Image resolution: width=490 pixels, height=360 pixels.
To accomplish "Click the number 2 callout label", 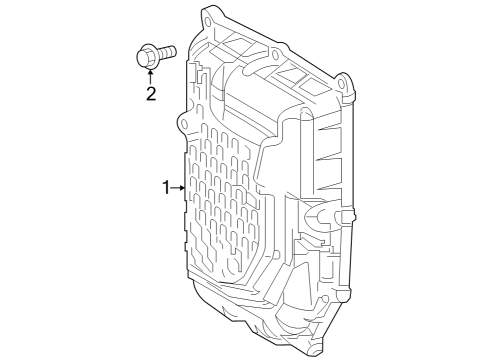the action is [x=151, y=95].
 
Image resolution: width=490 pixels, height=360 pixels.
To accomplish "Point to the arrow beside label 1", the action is [x=179, y=187].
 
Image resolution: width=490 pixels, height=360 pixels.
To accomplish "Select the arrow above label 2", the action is [x=151, y=77].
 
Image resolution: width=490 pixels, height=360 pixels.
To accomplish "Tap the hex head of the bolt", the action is [x=143, y=57].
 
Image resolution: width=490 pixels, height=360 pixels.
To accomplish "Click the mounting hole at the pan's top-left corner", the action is [x=210, y=16].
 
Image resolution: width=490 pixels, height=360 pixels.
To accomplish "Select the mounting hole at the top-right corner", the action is [x=345, y=79].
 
